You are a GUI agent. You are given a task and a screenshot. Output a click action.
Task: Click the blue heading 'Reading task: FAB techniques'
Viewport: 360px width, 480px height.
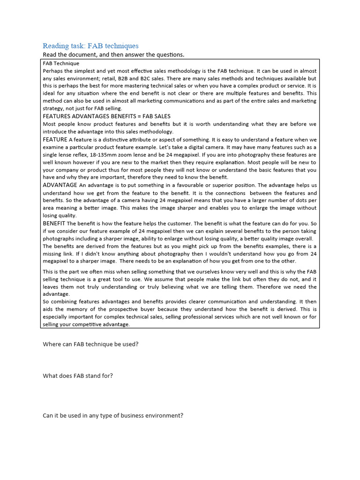tap(90, 46)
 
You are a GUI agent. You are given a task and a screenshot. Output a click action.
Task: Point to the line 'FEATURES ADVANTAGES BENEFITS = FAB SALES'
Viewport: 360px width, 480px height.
tap(106, 116)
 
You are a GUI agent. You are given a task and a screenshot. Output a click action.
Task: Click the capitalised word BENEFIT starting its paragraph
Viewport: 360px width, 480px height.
tap(54, 223)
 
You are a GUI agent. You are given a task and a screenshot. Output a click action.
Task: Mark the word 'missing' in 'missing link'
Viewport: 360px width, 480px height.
tap(53, 254)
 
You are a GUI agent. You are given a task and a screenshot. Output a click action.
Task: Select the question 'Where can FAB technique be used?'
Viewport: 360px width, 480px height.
tap(90, 344)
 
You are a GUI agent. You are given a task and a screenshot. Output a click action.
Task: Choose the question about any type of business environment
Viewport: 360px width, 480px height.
tap(112, 415)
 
